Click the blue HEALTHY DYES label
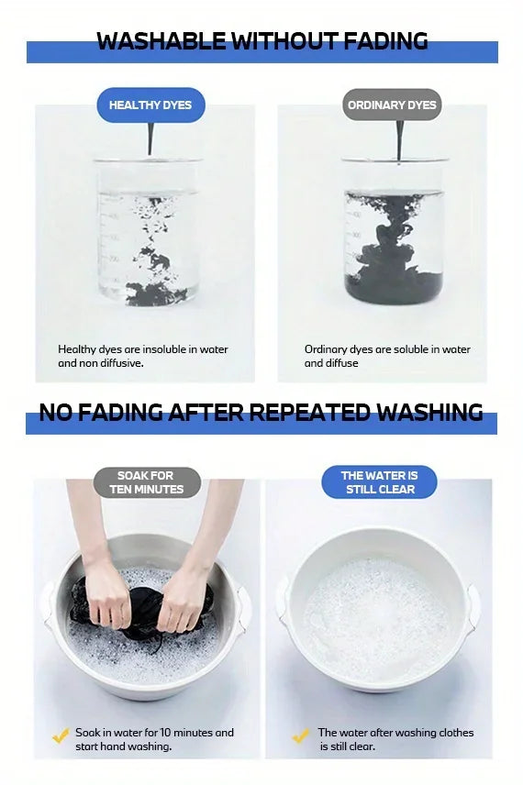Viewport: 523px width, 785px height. tap(150, 105)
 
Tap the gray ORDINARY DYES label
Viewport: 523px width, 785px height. tap(392, 105)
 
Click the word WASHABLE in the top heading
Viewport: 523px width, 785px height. tap(161, 41)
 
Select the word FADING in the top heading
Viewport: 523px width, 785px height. tap(386, 41)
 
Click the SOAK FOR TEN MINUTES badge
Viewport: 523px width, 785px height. tap(146, 482)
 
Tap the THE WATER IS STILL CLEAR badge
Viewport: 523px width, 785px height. tap(379, 482)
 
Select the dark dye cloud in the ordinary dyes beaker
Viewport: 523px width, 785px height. tap(394, 250)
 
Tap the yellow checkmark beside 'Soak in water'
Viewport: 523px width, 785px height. tap(61, 735)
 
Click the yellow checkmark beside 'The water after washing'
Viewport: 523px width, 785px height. tap(301, 735)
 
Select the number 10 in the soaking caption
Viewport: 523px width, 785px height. tap(165, 733)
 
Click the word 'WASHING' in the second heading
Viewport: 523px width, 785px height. tap(429, 412)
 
